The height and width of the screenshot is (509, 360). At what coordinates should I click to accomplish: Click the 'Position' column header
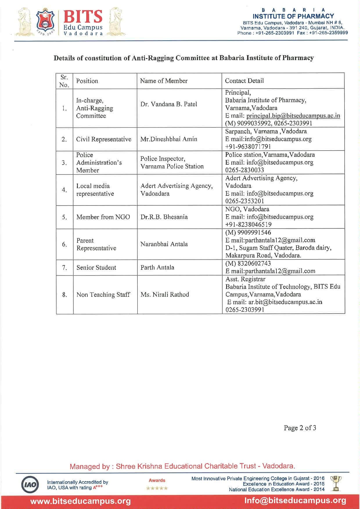click(87, 81)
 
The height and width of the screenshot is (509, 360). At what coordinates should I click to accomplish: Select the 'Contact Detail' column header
click(244, 81)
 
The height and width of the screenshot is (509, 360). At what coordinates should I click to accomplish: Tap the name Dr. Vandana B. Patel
click(169, 104)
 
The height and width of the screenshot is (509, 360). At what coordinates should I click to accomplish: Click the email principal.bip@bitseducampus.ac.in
click(293, 116)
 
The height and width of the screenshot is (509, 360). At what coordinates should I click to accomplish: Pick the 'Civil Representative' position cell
click(104, 139)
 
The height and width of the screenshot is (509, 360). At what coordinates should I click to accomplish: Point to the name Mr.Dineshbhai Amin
click(169, 139)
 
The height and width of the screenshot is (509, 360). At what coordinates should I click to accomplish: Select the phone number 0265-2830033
click(244, 170)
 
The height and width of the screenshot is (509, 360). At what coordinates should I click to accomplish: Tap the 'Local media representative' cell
click(95, 190)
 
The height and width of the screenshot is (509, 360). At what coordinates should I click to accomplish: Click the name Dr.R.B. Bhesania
click(164, 217)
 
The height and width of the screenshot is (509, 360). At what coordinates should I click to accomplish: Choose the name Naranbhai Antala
click(164, 244)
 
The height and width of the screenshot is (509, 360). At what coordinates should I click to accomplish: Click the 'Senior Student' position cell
click(96, 267)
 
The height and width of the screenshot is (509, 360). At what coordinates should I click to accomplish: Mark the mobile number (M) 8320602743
click(248, 263)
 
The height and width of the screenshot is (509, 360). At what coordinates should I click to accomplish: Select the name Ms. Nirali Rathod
click(165, 294)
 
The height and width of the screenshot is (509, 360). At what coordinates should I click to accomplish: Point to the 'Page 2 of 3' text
click(300, 428)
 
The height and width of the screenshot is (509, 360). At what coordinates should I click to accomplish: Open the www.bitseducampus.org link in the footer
click(81, 501)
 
